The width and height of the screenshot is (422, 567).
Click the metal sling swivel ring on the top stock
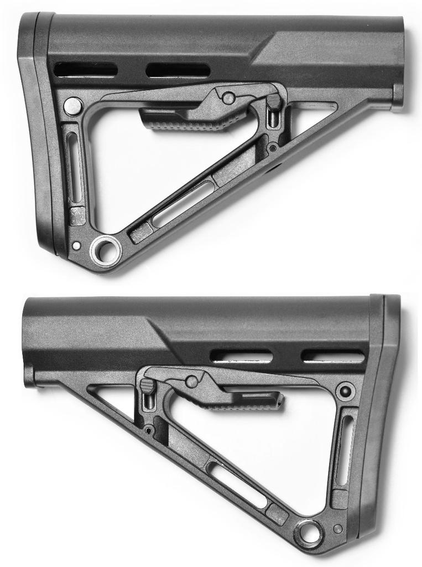pos(106,250)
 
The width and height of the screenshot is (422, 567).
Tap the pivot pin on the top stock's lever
pos(227,99)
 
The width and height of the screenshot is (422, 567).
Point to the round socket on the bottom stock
pos(346,391)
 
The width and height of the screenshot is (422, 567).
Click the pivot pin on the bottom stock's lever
pos(191,382)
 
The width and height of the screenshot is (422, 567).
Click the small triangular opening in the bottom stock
pos(113,398)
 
